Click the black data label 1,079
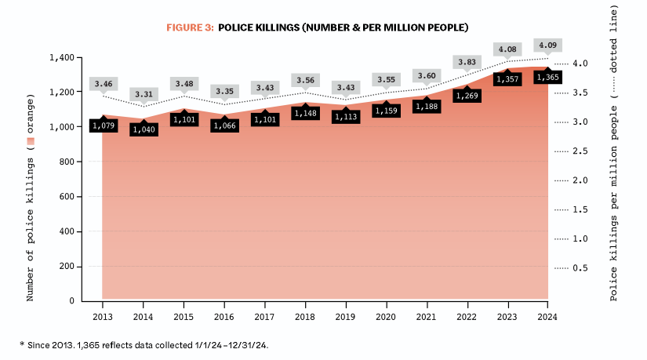click(x=103, y=125)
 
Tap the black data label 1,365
click(x=548, y=78)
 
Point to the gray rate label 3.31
click(x=143, y=94)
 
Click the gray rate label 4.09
click(x=548, y=45)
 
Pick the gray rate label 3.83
click(x=467, y=62)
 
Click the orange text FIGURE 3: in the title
click(x=189, y=27)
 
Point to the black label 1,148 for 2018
click(x=305, y=114)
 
